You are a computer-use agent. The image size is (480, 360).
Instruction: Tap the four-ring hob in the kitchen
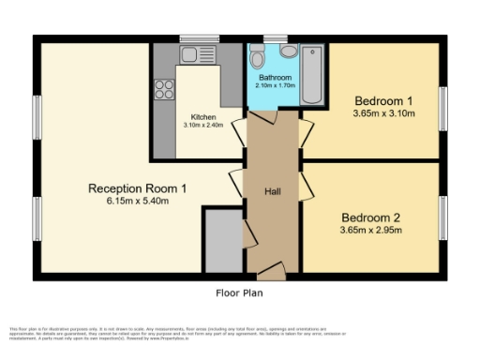pos(165,90)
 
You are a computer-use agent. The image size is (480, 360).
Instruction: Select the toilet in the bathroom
pos(287,52)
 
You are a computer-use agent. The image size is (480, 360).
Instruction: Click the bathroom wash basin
pos(259,52)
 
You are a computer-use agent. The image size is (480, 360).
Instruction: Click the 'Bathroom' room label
pos(274,77)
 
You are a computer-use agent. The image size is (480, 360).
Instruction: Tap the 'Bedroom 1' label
pos(383,99)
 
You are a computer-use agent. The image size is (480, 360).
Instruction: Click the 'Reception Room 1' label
pos(137,188)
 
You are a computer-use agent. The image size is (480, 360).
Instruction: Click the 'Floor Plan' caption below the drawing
pos(239,292)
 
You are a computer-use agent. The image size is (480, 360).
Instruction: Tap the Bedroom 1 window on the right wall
pos(443,99)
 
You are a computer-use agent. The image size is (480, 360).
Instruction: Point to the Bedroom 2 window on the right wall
pos(443,217)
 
